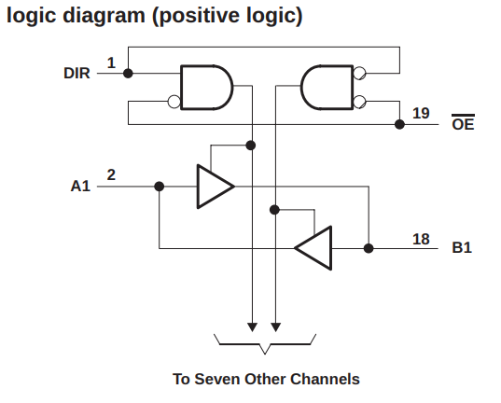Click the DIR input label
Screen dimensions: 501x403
(77, 73)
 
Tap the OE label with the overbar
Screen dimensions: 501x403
(463, 122)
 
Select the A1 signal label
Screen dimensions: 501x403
(80, 186)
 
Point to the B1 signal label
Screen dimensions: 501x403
(462, 248)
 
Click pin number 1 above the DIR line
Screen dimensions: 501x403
(111, 63)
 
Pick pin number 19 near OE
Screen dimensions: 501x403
(421, 113)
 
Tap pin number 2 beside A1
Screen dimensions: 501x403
(111, 174)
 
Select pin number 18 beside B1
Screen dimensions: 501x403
(421, 239)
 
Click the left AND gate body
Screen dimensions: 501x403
(207, 88)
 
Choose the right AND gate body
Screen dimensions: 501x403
(327, 88)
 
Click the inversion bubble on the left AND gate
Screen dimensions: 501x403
(174, 102)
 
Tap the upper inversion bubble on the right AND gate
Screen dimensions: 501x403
(359, 73)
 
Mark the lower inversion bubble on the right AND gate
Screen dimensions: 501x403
(359, 102)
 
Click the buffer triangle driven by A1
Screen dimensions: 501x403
(215, 187)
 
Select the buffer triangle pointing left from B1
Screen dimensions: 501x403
(314, 248)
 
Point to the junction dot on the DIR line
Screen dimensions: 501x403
(128, 74)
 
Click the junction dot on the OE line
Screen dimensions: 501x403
(399, 124)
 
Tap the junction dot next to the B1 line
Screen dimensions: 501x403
(369, 248)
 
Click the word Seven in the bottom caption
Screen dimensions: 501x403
(217, 379)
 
